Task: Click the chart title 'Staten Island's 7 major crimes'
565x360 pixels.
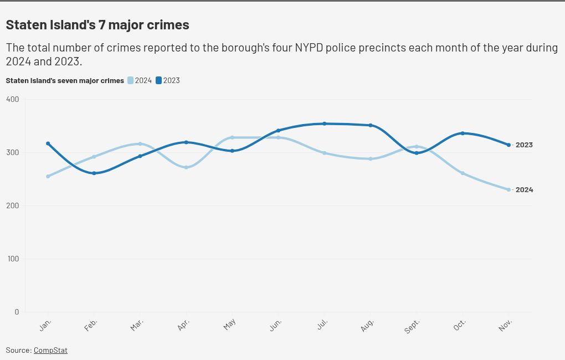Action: point(97,25)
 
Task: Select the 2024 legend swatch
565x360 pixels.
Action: point(131,80)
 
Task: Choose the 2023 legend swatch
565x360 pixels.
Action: point(159,80)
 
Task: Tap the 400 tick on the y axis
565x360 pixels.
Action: point(12,99)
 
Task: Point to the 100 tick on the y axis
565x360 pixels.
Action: point(12,259)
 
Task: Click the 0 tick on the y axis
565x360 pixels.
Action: point(17,312)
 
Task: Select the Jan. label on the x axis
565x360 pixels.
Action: point(46,325)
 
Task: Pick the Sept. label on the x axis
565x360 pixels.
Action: point(413,326)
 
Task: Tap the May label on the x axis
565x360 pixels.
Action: point(230,325)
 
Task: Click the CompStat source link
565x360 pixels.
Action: point(50,350)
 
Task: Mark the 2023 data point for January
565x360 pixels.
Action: point(48,143)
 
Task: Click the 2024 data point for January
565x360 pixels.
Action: point(48,176)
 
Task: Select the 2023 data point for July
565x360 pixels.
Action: point(325,124)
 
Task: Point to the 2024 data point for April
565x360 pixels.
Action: point(186,167)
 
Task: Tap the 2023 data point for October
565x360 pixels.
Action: point(463,133)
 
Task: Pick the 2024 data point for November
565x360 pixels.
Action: point(508,189)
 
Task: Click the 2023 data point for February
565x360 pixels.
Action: point(94,173)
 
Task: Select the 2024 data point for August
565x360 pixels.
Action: point(371,159)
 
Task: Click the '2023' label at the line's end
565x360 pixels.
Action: point(524,145)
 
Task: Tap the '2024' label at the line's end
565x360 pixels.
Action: point(524,190)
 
